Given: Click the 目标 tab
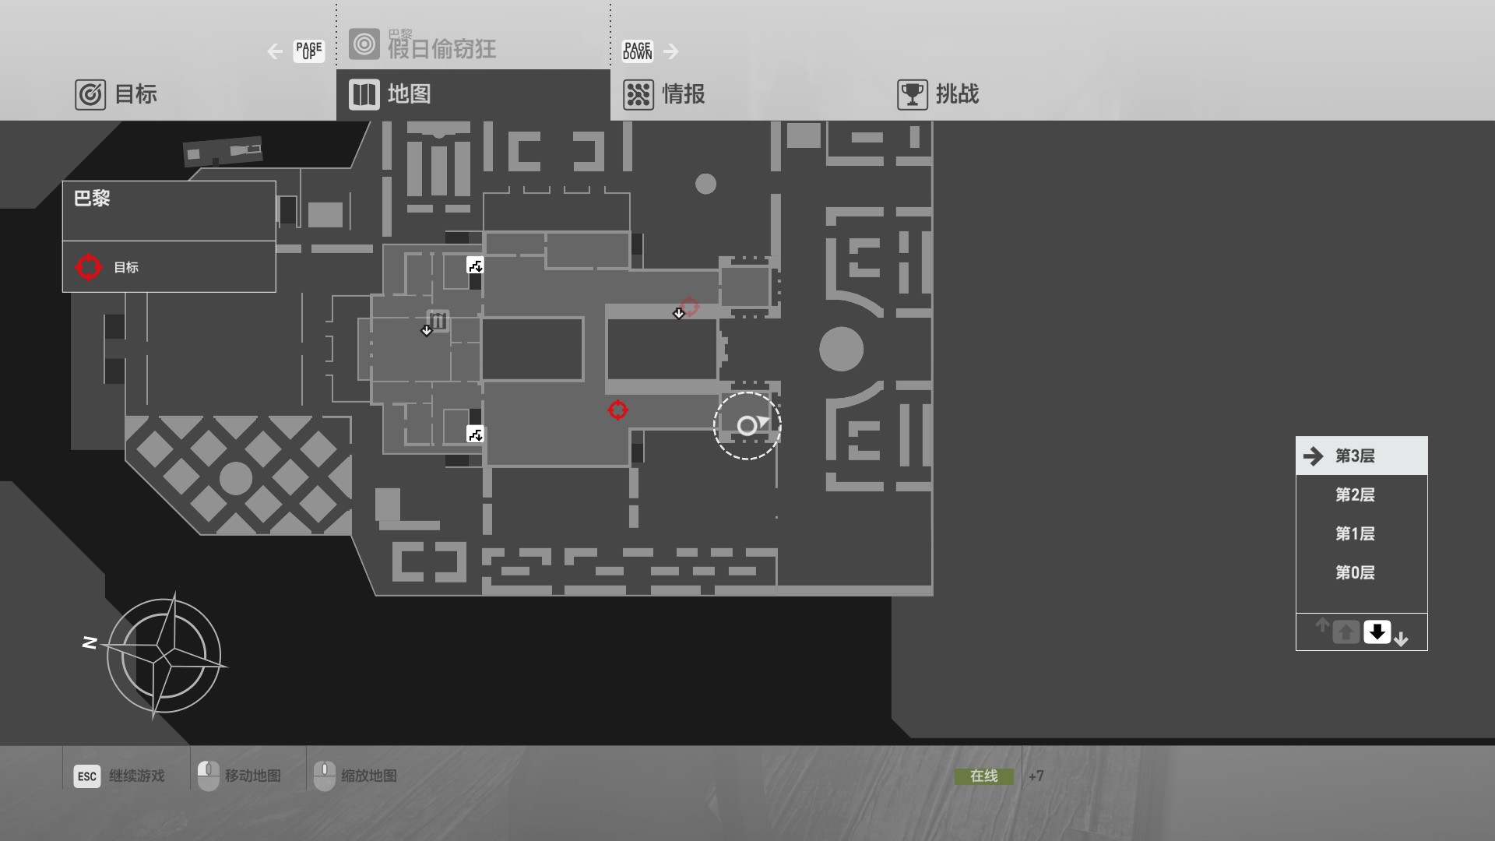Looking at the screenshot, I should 117,94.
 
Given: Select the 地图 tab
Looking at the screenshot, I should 390,94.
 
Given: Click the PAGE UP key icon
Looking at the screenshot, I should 308,51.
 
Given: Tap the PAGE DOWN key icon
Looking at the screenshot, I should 637,51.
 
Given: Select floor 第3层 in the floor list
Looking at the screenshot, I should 1355,456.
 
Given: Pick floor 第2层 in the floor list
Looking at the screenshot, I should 1355,495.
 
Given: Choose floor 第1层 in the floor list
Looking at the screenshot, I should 1355,534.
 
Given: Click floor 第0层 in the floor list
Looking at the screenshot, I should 1355,573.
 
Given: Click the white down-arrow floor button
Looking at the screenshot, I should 1377,632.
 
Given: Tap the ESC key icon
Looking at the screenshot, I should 87,776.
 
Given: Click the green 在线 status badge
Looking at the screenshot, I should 984,776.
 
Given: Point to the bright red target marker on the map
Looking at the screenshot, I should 617,410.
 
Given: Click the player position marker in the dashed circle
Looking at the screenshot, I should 747,425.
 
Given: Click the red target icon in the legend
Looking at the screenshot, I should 89,267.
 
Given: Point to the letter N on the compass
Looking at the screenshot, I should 90,642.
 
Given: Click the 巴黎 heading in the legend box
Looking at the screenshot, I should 92,199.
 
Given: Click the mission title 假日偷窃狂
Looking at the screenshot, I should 441,49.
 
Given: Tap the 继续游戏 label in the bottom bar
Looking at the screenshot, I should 137,776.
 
